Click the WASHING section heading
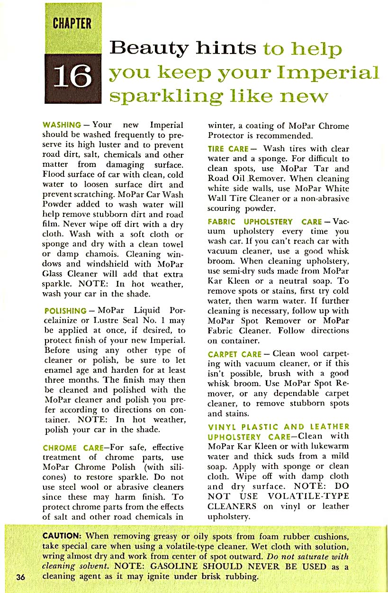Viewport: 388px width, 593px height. click(62, 125)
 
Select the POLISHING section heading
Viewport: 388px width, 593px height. click(64, 311)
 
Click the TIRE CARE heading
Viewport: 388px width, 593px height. click(228, 149)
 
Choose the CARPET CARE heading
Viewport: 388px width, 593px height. click(235, 354)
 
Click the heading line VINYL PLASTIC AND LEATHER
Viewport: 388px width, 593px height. click(278, 427)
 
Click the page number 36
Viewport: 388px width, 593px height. click(20, 576)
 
